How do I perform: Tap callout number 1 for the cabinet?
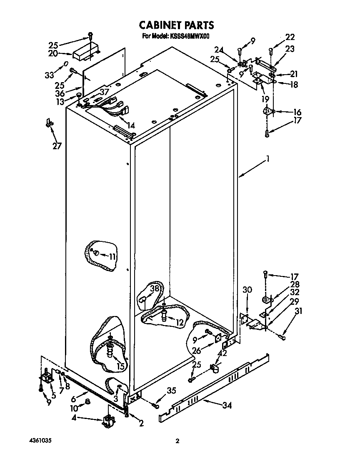tap(269, 159)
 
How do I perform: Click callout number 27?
tap(57, 146)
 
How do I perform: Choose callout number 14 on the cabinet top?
tap(131, 125)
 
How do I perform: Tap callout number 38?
tap(155, 288)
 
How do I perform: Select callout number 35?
tap(171, 391)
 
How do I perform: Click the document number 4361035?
tap(41, 441)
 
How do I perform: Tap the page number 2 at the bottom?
tap(177, 441)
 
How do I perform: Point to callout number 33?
tap(49, 75)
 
